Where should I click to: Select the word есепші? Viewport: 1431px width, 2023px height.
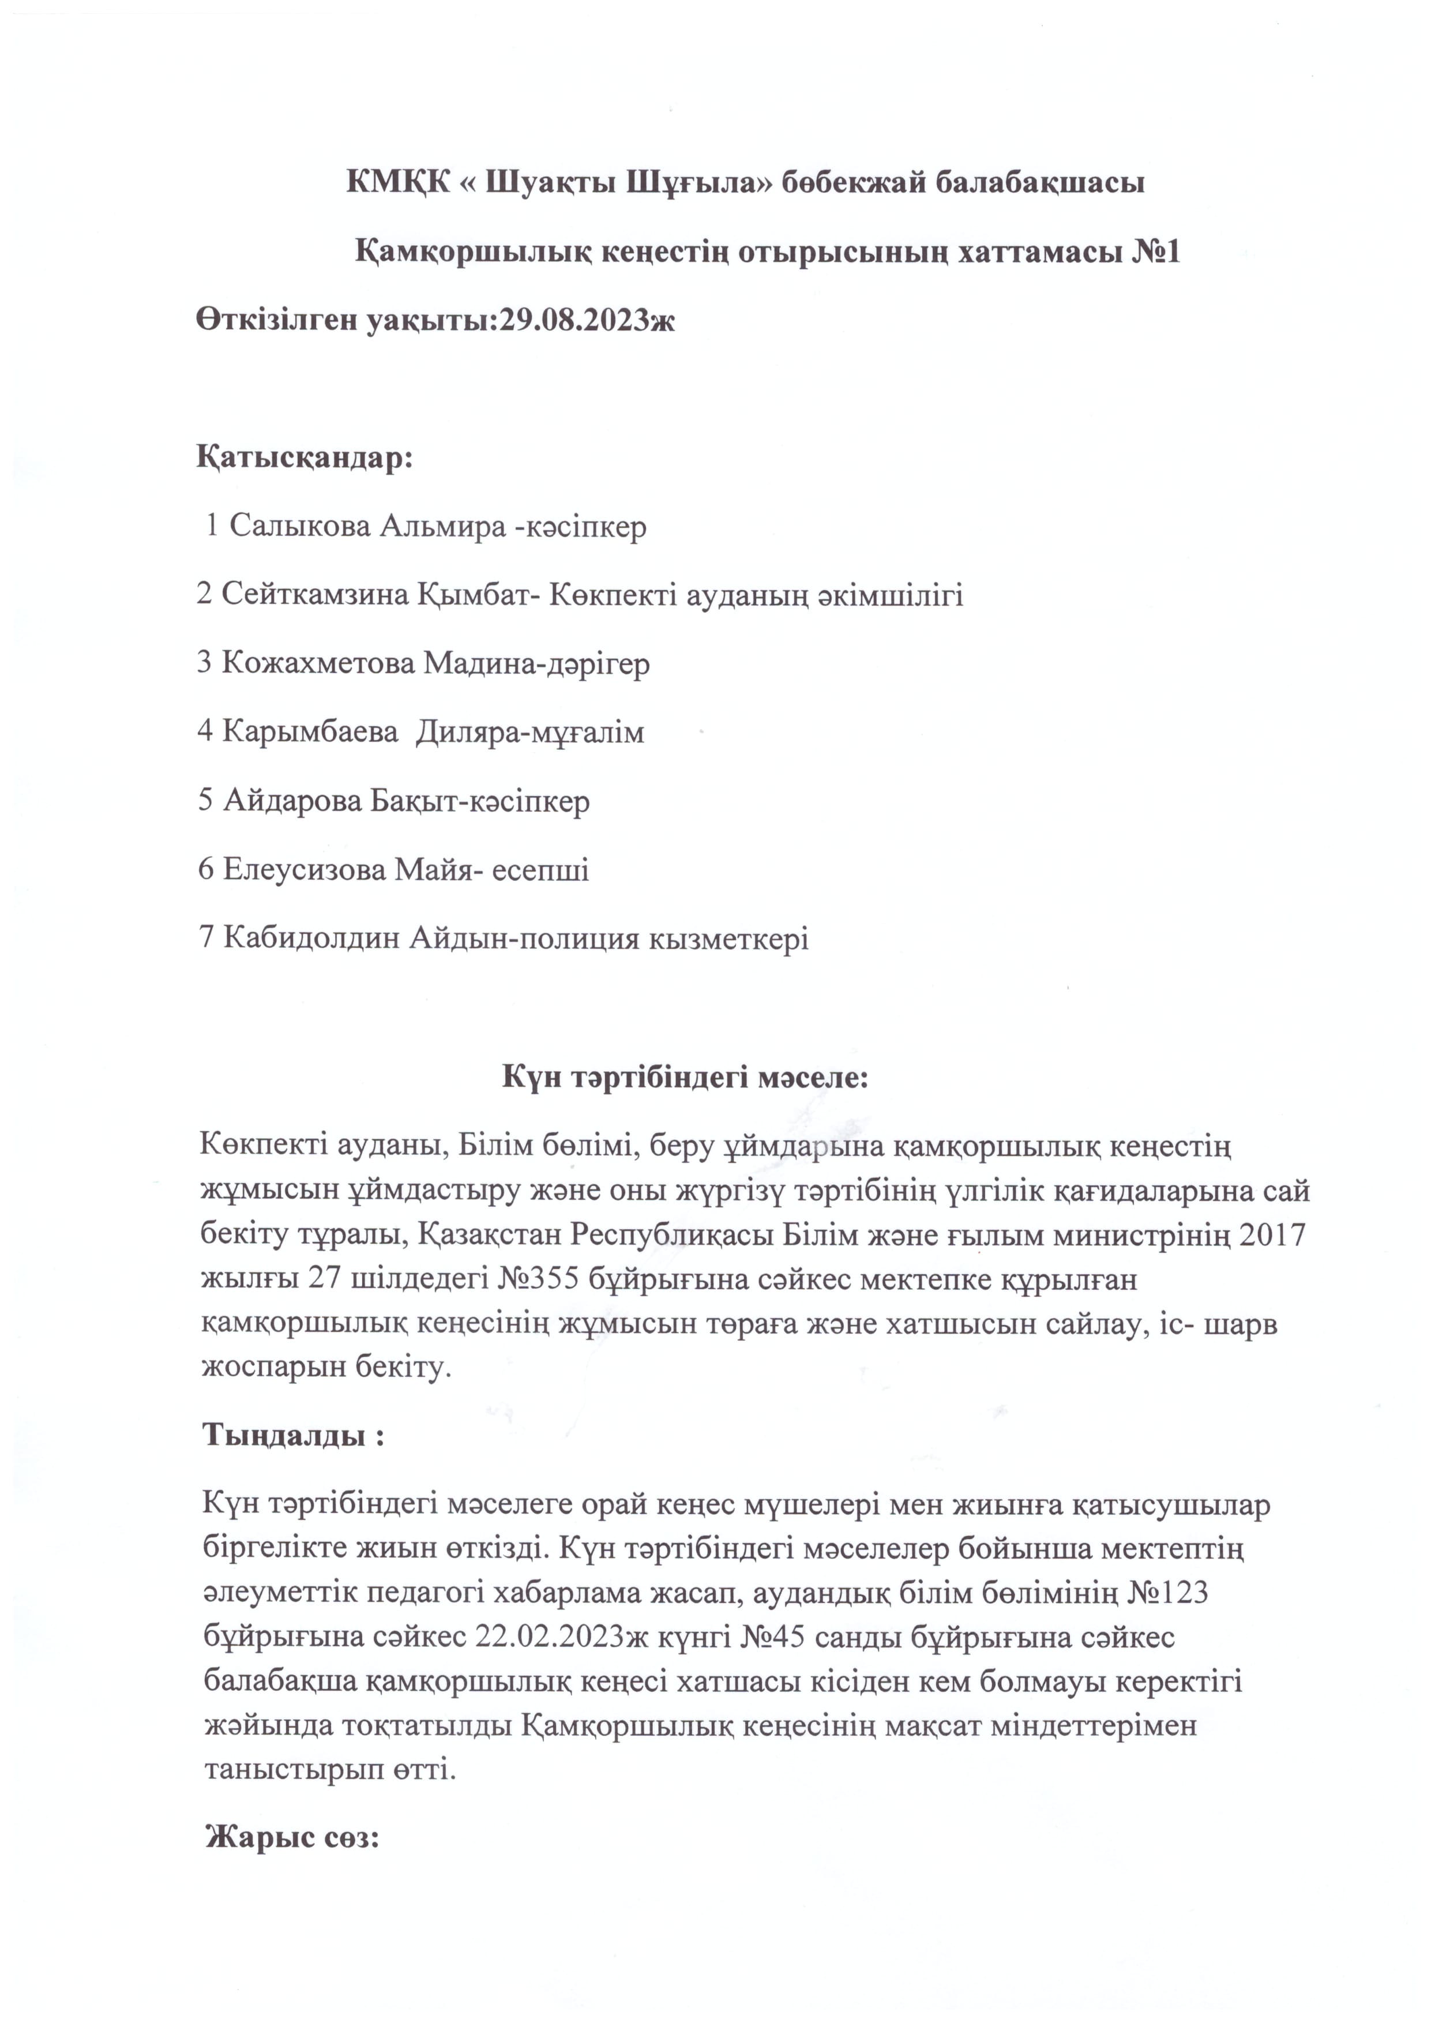pyautogui.click(x=540, y=870)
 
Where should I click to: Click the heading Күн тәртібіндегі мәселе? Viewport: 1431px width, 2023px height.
pyautogui.click(x=686, y=1077)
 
